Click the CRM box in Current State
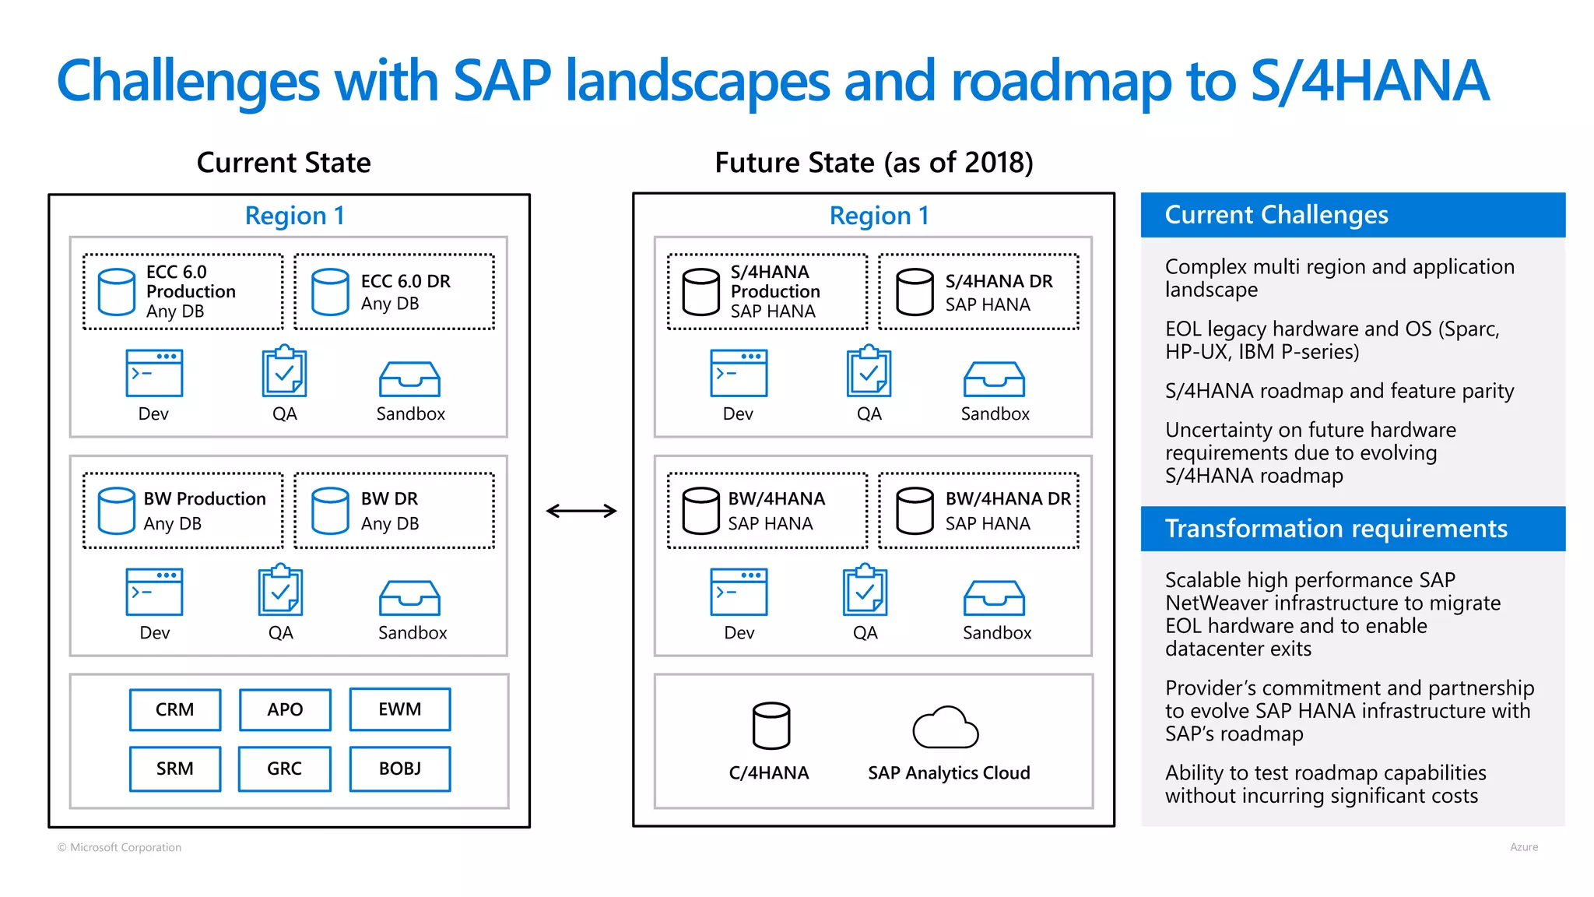tap(175, 709)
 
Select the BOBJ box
tap(400, 769)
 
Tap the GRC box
tap(285, 769)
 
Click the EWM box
tap(400, 709)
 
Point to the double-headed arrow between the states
tap(581, 511)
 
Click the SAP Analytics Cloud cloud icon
tap(945, 727)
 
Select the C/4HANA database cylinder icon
tap(771, 726)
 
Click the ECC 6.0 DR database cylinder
tap(330, 292)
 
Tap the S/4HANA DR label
tap(999, 281)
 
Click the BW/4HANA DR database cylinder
tap(915, 511)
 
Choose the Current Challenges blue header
tap(1353, 215)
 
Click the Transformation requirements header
tap(1353, 529)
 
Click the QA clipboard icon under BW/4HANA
tap(865, 592)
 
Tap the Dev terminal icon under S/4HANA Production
tap(739, 373)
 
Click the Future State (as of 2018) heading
tap(873, 163)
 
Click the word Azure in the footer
tap(1523, 847)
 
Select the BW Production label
tap(205, 498)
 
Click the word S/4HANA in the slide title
tap(1369, 81)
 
